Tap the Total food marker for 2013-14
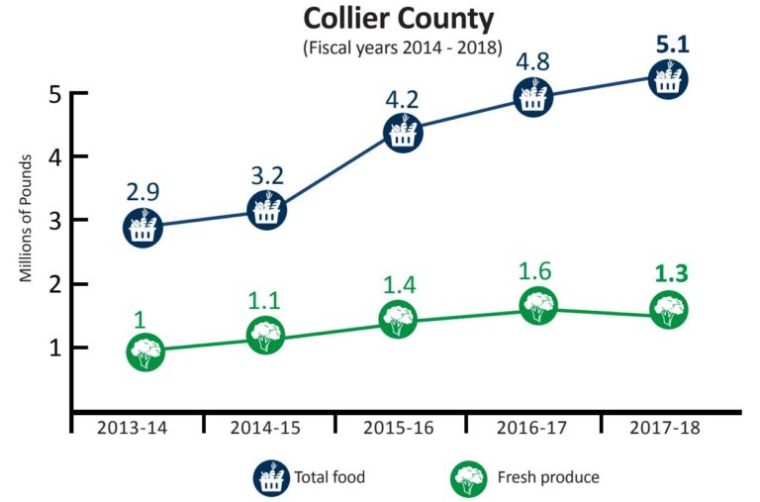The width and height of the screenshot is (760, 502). [x=142, y=227]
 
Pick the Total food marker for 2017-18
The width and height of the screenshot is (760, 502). [x=669, y=78]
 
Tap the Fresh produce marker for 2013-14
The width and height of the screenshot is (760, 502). [x=144, y=351]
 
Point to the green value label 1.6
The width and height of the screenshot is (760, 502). [x=536, y=271]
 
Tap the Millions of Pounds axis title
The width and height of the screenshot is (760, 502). [x=27, y=218]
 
